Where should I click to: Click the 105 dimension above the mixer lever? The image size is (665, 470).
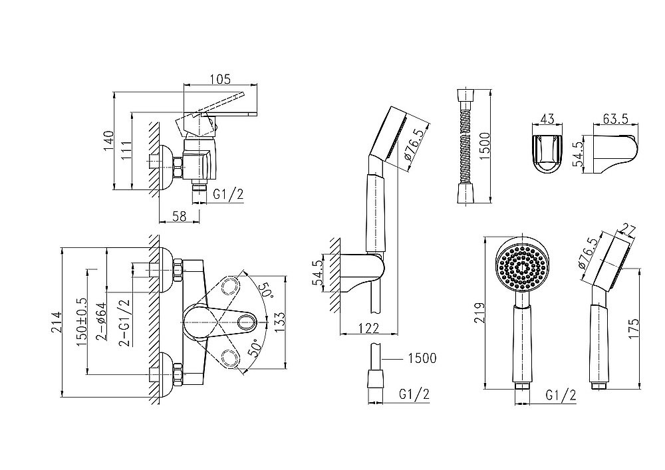[x=219, y=80]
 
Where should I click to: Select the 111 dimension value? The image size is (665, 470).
[x=126, y=151]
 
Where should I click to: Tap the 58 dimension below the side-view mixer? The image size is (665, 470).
[x=178, y=215]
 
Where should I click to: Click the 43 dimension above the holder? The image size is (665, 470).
[x=548, y=118]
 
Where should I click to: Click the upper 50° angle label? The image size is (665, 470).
[x=266, y=291]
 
